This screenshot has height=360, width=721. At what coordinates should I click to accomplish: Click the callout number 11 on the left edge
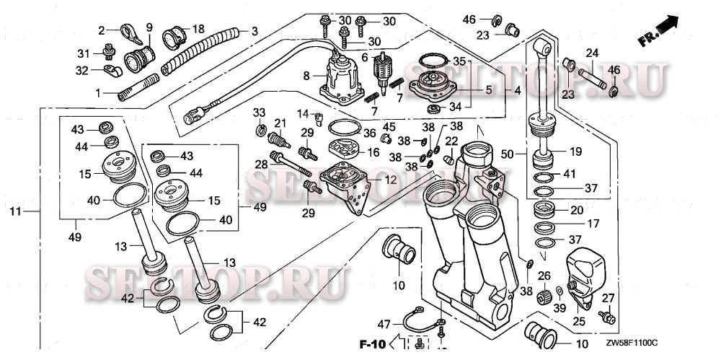click(x=14, y=211)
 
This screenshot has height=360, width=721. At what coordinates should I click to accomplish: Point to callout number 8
click(x=306, y=76)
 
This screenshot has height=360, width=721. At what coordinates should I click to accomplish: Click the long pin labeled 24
click(x=591, y=74)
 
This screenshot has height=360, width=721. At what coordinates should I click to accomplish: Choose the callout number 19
click(x=575, y=152)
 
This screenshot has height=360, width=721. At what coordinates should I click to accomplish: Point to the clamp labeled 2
click(x=128, y=32)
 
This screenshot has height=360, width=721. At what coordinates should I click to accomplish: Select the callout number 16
click(x=373, y=153)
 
